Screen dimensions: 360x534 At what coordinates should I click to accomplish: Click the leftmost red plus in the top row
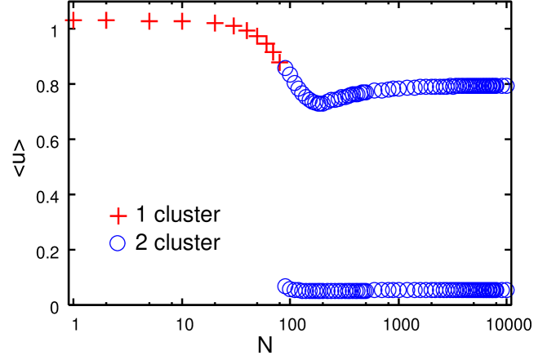click(73, 20)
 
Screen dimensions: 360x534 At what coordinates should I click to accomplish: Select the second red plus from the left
click(106, 20)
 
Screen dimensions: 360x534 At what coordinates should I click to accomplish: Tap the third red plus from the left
click(149, 21)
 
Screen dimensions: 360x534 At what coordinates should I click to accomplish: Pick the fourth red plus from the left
click(182, 21)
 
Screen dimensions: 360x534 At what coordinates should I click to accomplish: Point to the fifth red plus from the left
click(215, 23)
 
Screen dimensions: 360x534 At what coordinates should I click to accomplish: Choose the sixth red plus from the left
click(234, 27)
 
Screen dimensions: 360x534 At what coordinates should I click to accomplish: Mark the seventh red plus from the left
click(245, 30)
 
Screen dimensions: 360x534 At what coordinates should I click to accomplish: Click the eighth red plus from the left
click(252, 33)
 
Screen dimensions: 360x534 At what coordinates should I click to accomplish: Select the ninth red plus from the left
click(261, 39)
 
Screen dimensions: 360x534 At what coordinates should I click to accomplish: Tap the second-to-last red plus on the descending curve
click(270, 48)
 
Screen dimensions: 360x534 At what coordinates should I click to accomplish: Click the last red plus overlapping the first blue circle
click(278, 58)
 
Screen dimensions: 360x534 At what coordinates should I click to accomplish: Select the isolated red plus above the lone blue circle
click(118, 216)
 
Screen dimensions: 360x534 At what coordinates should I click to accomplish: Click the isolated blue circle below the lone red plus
click(118, 243)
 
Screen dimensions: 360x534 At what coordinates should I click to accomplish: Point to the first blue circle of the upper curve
click(286, 68)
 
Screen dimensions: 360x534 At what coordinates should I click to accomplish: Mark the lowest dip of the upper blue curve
click(320, 104)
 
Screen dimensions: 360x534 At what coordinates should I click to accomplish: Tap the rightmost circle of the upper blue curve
click(505, 86)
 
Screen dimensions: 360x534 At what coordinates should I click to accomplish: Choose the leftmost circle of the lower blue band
click(285, 286)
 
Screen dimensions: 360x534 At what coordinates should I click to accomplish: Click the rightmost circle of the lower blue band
click(505, 290)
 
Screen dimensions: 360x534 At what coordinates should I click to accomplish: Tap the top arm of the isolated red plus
click(118, 209)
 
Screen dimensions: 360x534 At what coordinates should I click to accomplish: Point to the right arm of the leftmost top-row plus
click(80, 20)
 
